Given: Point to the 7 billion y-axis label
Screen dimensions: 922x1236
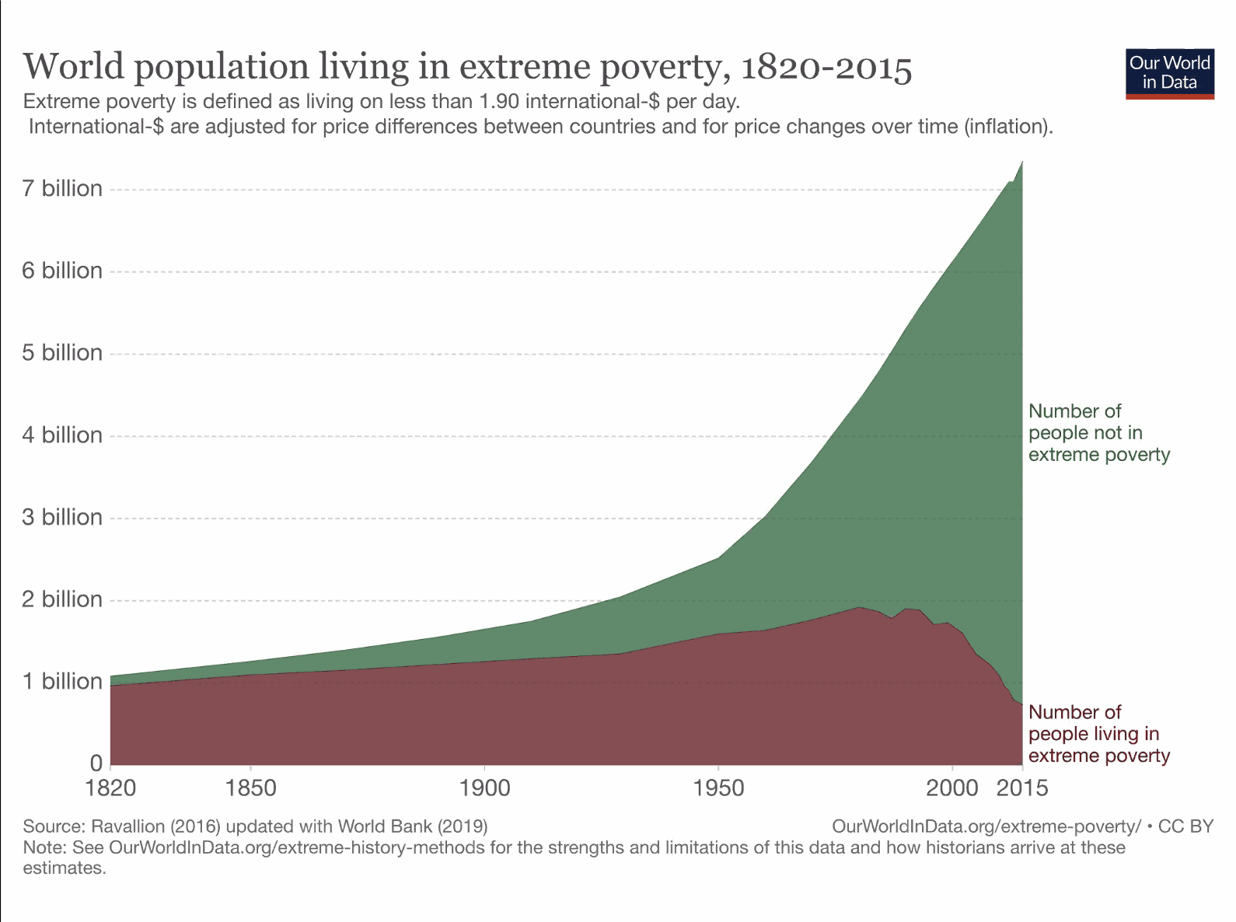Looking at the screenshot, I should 62,189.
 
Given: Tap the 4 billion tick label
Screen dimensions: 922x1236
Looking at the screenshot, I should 62,435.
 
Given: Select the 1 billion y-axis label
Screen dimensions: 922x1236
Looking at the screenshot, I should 62,682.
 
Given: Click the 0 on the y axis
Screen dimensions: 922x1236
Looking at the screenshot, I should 96,763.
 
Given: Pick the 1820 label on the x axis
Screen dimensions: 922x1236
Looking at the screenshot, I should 110,788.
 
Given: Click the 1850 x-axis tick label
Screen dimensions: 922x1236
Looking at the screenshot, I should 250,788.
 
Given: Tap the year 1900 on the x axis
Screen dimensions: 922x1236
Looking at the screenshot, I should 484,788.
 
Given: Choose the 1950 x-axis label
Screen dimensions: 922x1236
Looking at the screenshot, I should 718,788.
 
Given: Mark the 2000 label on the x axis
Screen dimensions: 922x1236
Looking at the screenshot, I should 951,788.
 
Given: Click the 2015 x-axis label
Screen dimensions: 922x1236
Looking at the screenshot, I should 1022,788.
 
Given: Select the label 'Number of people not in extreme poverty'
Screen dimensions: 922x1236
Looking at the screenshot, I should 1098,433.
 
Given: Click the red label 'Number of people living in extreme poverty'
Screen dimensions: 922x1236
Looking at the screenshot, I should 1098,734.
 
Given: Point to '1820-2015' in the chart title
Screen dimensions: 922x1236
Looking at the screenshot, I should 826,68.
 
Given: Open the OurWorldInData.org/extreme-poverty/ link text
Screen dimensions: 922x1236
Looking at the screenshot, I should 986,826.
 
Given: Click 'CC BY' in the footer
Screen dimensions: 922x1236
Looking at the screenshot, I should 1185,826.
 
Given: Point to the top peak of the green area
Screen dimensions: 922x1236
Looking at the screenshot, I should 1021,162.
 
